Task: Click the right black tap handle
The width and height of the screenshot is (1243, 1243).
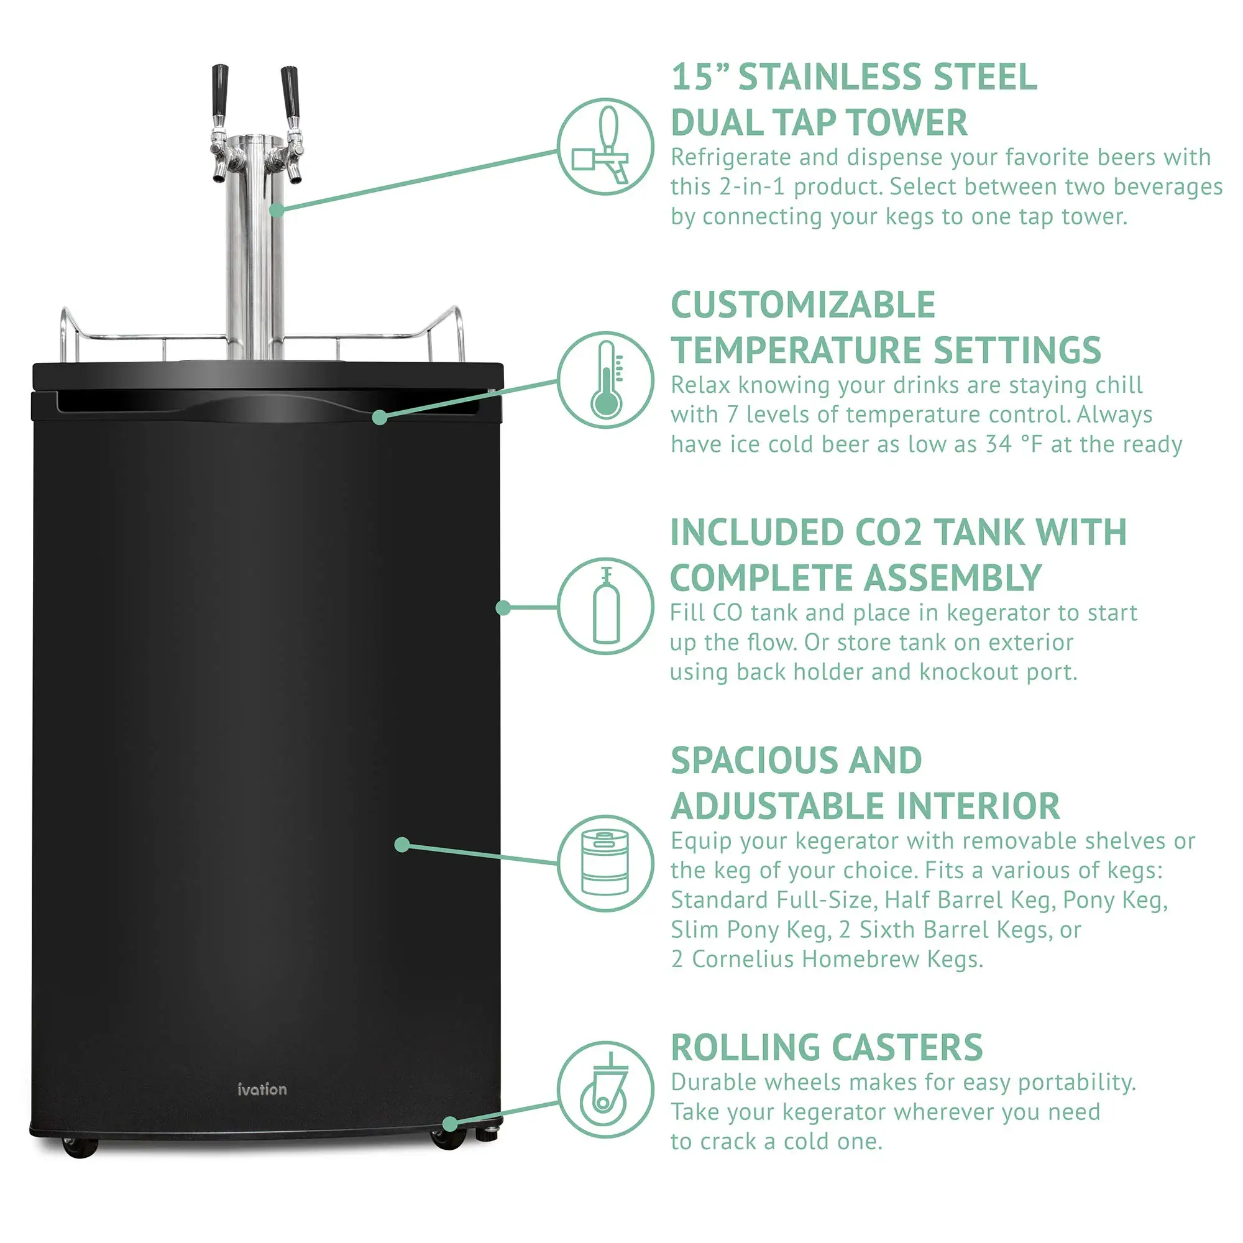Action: pos(290,89)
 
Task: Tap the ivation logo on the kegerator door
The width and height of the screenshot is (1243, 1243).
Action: pos(262,1090)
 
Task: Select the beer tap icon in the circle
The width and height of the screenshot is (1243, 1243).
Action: pos(605,147)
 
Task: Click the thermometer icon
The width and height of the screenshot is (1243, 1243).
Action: pos(605,380)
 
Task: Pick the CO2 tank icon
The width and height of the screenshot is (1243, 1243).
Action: pos(605,606)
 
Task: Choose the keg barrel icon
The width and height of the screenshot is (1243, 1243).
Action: pos(605,863)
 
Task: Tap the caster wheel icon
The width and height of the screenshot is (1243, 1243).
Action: pos(605,1090)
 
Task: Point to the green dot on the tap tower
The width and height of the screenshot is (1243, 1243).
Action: pos(276,209)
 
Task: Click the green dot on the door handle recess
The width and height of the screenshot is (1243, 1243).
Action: pos(380,418)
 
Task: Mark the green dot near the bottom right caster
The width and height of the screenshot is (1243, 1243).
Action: pos(450,1124)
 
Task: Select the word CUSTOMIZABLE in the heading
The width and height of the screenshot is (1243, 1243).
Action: pos(802,305)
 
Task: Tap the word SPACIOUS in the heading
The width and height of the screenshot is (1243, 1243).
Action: pos(753,761)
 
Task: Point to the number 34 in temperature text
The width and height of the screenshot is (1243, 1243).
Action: pos(999,444)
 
